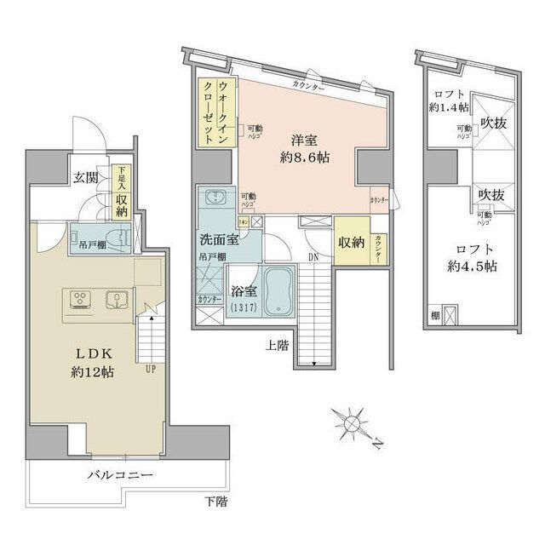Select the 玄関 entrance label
(x=84, y=178)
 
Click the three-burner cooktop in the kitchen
(x=79, y=300)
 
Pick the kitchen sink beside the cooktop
(x=116, y=300)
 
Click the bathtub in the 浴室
(x=279, y=292)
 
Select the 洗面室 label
(x=220, y=240)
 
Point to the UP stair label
(x=152, y=370)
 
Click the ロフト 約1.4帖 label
(x=445, y=100)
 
